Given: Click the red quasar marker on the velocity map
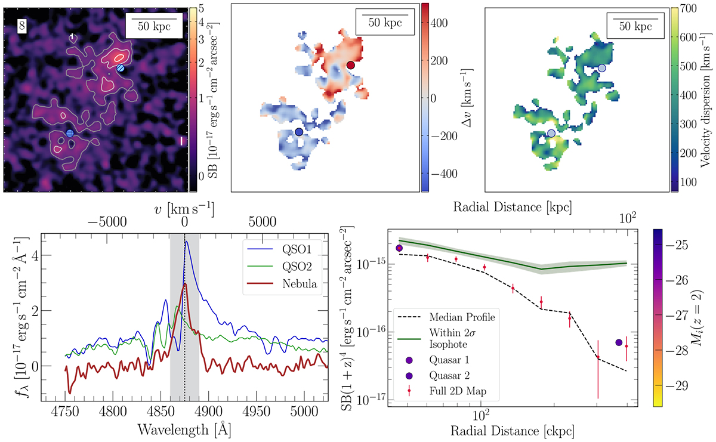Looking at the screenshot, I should point(351,64).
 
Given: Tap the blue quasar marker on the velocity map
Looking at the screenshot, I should point(299,131).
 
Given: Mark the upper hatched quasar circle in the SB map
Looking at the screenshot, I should point(121,69).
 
